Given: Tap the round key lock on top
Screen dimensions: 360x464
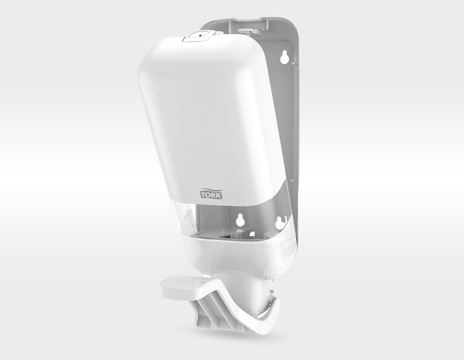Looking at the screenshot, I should click(194, 38).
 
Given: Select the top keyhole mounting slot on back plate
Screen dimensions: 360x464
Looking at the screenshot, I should click(284, 57).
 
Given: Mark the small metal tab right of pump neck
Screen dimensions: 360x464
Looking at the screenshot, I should click(271, 296).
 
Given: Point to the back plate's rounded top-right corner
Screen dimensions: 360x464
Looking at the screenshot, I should click(291, 26).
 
